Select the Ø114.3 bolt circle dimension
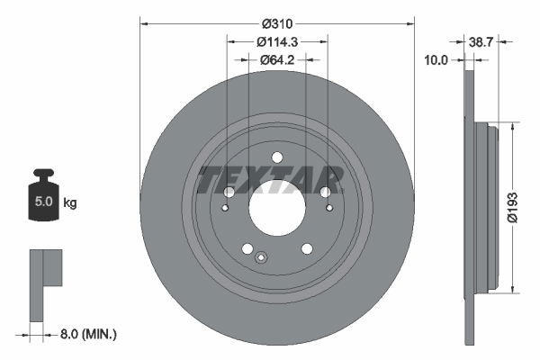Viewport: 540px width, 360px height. coord(276,42)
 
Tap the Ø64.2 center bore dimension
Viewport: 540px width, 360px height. coord(276,60)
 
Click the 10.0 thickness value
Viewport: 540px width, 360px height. coord(438,60)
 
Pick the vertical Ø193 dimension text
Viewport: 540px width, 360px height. coord(509,205)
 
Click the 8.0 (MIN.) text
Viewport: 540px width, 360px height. coord(86,334)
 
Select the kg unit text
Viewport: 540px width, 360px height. coord(70,203)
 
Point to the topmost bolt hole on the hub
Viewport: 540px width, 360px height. coord(276,159)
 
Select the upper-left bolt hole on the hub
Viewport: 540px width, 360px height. coord(229,193)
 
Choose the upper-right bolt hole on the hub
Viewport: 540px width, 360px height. coord(325,192)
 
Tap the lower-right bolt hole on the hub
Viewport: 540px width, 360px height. coord(306,248)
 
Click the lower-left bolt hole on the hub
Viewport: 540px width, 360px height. coord(247,249)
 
